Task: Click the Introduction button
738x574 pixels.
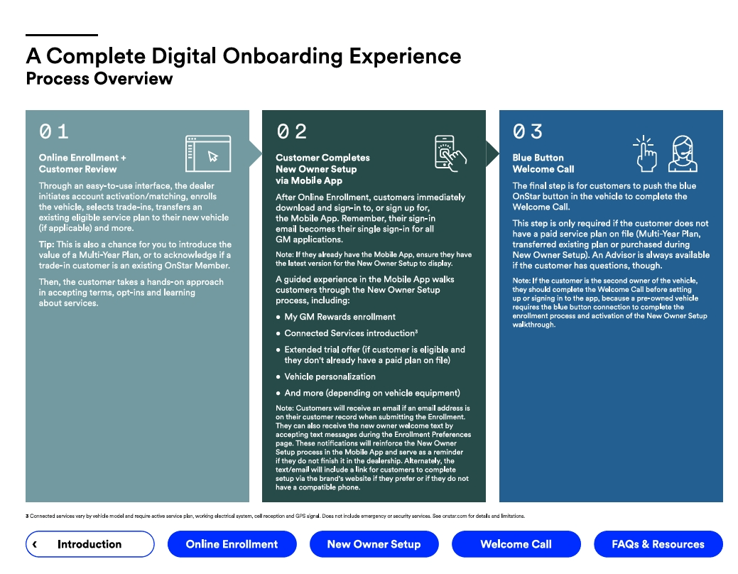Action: pyautogui.click(x=90, y=544)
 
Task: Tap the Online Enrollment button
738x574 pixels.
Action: pyautogui.click(x=232, y=544)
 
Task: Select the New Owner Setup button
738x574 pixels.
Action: pyautogui.click(x=374, y=544)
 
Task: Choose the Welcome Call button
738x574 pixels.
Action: pyautogui.click(x=516, y=544)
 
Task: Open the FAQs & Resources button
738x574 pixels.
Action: pyautogui.click(x=658, y=544)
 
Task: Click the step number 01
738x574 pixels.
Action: pyautogui.click(x=54, y=131)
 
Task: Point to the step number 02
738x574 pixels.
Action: pyautogui.click(x=291, y=131)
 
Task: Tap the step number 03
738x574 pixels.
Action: pyautogui.click(x=528, y=131)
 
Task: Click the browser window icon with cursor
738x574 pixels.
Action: pyautogui.click(x=208, y=153)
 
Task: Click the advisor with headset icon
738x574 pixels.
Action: pyautogui.click(x=683, y=153)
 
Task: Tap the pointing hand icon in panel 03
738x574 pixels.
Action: pyautogui.click(x=645, y=153)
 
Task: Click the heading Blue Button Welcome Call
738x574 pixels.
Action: pyautogui.click(x=543, y=163)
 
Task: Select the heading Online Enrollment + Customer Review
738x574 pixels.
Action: pyautogui.click(x=82, y=163)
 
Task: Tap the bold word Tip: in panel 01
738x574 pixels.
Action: pyautogui.click(x=47, y=244)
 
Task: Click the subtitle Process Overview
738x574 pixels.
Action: pyautogui.click(x=99, y=79)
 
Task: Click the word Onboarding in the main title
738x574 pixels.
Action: pyautogui.click(x=283, y=57)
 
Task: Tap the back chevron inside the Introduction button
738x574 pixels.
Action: pyautogui.click(x=35, y=544)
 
